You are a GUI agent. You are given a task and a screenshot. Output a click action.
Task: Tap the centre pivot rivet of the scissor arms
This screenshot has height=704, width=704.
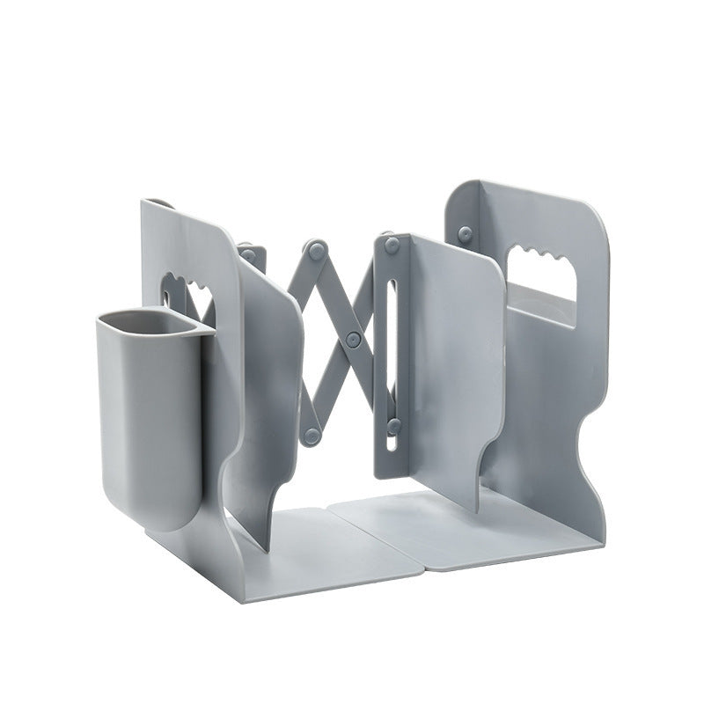coord(353,338)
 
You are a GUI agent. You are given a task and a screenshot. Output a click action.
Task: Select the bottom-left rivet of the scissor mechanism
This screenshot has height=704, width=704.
coord(311,435)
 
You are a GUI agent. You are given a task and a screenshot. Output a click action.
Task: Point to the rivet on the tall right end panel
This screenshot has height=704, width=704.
coord(465,234)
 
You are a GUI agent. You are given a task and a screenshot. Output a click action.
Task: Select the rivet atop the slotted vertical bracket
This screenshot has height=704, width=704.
coord(391,246)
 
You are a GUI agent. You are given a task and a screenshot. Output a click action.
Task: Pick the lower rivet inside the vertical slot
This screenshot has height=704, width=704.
coord(393,426)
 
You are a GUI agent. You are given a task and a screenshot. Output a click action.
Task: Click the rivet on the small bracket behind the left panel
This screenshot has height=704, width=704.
coord(249,255)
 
